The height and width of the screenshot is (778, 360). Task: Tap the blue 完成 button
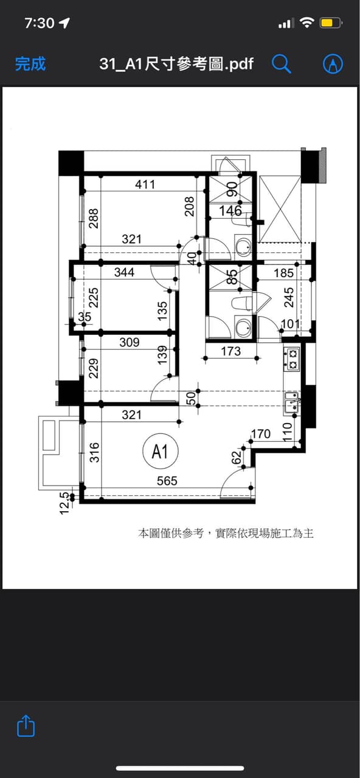30,64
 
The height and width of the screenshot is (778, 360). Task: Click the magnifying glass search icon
281,64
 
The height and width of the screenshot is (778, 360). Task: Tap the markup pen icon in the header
333,64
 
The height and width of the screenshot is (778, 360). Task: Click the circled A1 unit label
161,452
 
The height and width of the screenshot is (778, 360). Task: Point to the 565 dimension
167,481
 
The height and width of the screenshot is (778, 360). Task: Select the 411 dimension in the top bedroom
145,184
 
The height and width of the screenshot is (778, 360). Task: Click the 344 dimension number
125,272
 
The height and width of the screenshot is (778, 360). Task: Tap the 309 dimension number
130,342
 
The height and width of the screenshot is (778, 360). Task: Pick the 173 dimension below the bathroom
231,351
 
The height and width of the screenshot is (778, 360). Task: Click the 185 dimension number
284,274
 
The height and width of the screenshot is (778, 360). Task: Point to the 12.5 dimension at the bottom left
65,503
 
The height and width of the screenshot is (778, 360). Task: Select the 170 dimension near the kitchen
261,434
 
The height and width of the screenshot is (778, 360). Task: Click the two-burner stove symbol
292,359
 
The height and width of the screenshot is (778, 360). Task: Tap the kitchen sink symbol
292,403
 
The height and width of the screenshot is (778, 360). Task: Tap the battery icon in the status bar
331,23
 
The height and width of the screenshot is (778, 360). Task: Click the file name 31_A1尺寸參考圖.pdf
176,64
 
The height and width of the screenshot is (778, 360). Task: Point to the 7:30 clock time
40,23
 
